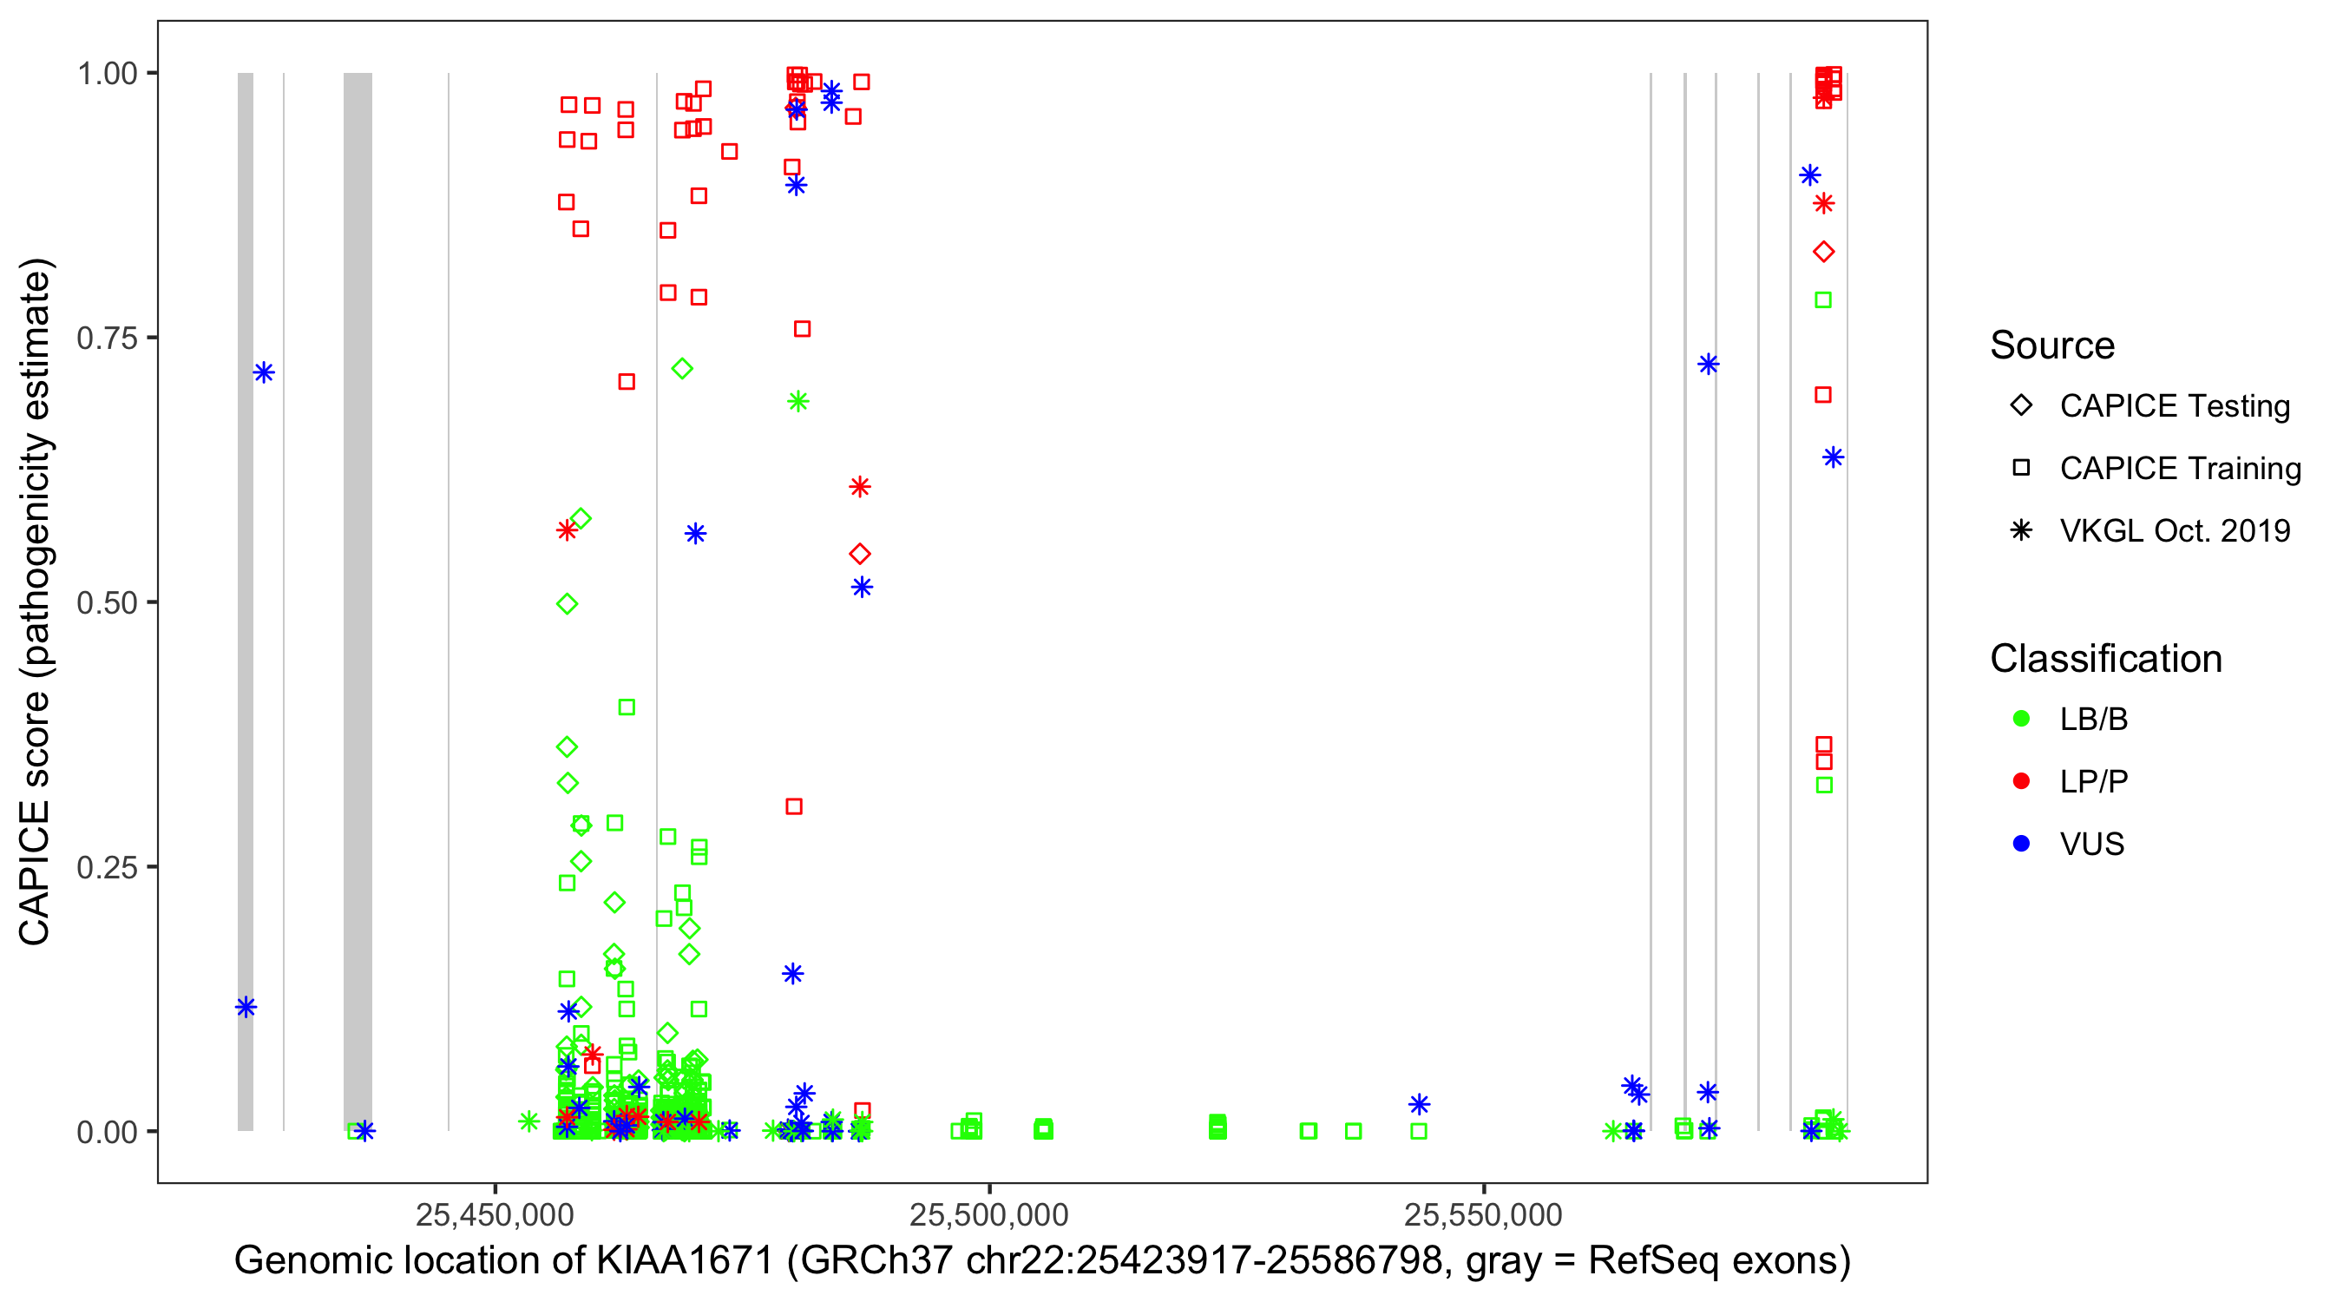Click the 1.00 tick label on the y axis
107,74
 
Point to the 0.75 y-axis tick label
107,339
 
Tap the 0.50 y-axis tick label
107,603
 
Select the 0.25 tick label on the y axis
107,867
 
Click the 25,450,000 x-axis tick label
495,1214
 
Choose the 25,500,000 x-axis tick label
988,1214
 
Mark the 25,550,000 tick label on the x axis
1484,1214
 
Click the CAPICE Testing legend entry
2174,406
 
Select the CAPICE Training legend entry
2179,469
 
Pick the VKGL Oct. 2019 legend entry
2174,531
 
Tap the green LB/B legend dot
2022,720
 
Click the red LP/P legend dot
2022,781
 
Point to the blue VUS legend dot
2022,845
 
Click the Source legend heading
2052,345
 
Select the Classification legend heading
2105,659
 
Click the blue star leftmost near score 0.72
264,372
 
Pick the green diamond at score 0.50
567,604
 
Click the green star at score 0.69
797,401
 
